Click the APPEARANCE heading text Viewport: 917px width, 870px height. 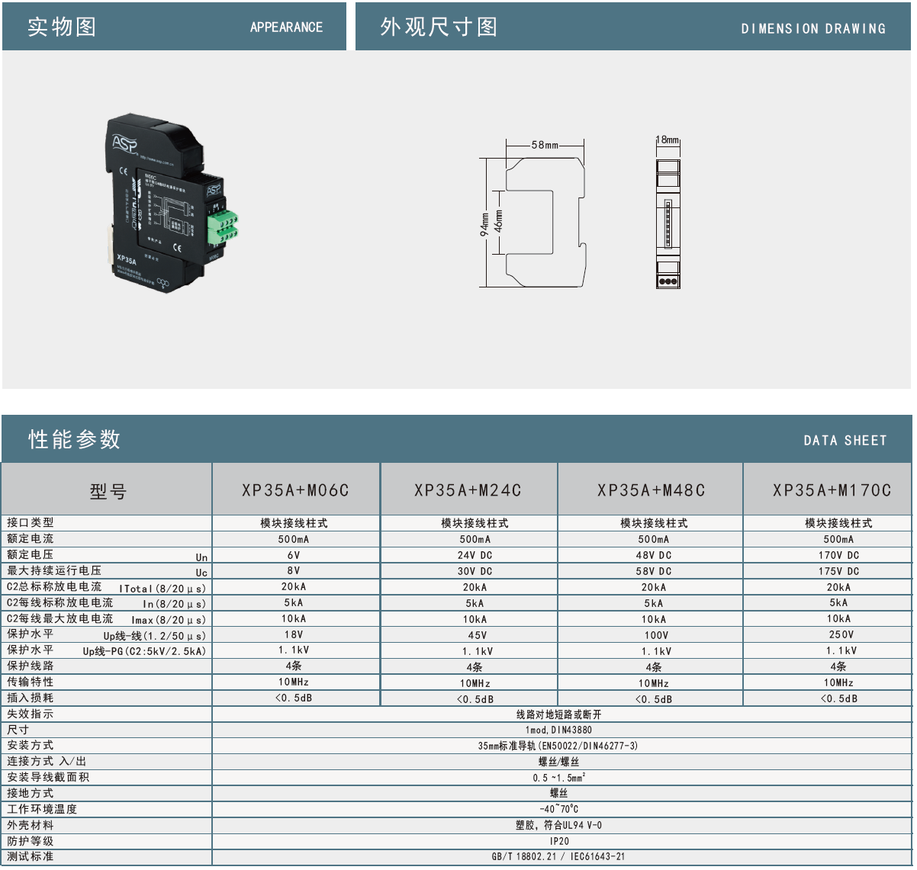point(286,27)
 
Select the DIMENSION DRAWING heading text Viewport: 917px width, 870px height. point(813,29)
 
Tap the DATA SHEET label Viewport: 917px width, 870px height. point(845,441)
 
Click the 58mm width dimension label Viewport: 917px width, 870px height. point(545,145)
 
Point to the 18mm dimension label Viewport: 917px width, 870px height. point(668,140)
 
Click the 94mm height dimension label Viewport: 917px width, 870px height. point(484,224)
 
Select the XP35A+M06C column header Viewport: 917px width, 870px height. point(295,490)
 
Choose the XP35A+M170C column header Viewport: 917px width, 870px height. point(832,490)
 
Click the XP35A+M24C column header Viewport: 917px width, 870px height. point(468,490)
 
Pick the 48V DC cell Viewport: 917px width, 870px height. point(654,555)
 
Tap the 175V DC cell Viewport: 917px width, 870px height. point(838,571)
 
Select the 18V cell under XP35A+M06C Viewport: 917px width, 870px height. point(294,634)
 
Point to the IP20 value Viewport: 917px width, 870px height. point(559,841)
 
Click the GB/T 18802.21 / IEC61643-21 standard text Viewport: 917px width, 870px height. point(558,857)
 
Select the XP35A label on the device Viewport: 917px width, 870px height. point(127,259)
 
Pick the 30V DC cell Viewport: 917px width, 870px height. point(475,571)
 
